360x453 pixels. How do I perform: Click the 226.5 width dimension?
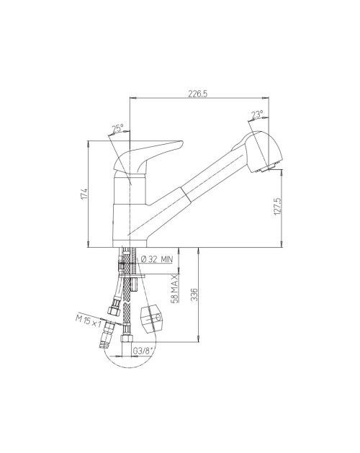[198, 94]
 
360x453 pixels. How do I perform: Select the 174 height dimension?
[84, 194]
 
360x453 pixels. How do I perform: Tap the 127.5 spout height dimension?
[278, 206]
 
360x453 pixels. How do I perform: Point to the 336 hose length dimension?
[195, 295]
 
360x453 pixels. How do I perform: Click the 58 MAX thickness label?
[175, 288]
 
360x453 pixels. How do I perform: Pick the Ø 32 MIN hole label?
[156, 259]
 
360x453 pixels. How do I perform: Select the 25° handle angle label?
[118, 128]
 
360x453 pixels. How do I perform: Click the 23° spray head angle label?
[257, 115]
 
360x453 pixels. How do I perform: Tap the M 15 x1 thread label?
[89, 320]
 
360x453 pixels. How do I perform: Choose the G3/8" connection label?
[143, 351]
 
